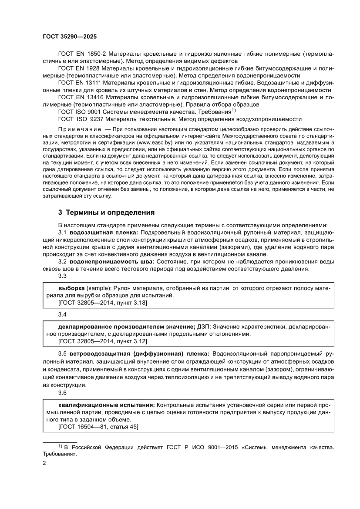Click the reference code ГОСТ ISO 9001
click(81, 112)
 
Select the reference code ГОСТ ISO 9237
click(81, 119)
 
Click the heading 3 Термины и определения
click(107, 212)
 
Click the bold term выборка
click(72, 288)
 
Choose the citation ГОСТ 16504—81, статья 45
click(98, 427)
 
